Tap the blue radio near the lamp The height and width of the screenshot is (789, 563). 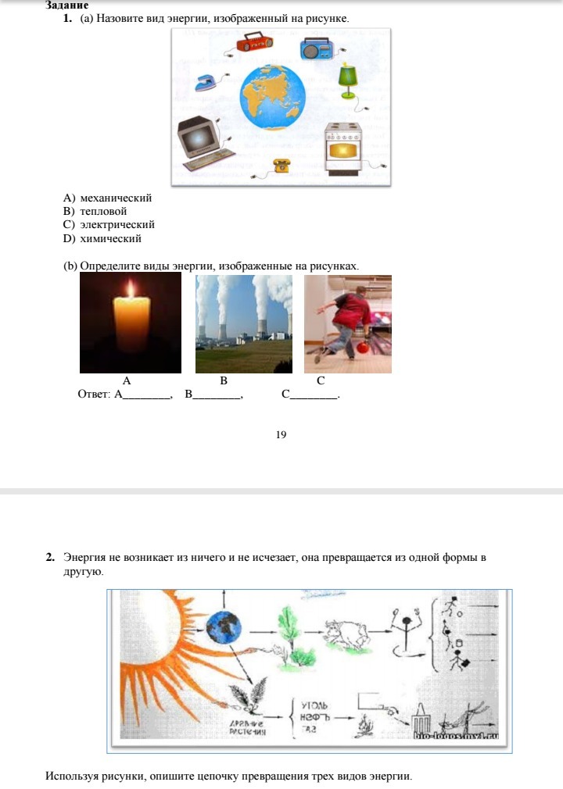click(316, 49)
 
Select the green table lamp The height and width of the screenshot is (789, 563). click(348, 76)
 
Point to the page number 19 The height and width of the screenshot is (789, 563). click(281, 434)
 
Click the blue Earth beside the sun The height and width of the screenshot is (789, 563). click(224, 627)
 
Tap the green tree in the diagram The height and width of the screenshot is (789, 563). click(288, 631)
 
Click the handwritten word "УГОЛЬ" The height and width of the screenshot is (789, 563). click(314, 705)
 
